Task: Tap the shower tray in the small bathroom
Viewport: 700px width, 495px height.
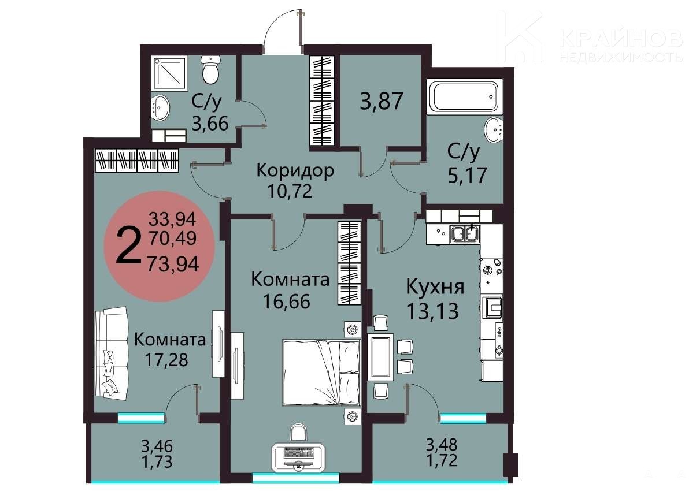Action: coord(170,74)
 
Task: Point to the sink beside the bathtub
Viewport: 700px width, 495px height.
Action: coord(494,130)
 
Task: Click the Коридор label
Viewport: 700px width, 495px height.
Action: coord(295,171)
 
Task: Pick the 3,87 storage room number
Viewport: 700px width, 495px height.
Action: coord(382,101)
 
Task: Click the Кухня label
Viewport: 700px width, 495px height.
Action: coord(435,287)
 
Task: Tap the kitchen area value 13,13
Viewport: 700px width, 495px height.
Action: coord(432,311)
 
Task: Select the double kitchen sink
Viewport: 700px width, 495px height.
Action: coord(465,234)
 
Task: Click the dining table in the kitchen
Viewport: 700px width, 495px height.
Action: coord(380,356)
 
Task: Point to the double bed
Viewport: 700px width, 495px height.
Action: coord(321,373)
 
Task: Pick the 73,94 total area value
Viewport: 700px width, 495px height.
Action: coord(173,264)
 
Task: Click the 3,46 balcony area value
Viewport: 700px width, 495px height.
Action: coord(157,446)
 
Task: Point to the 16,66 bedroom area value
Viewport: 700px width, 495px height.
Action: coord(287,302)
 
